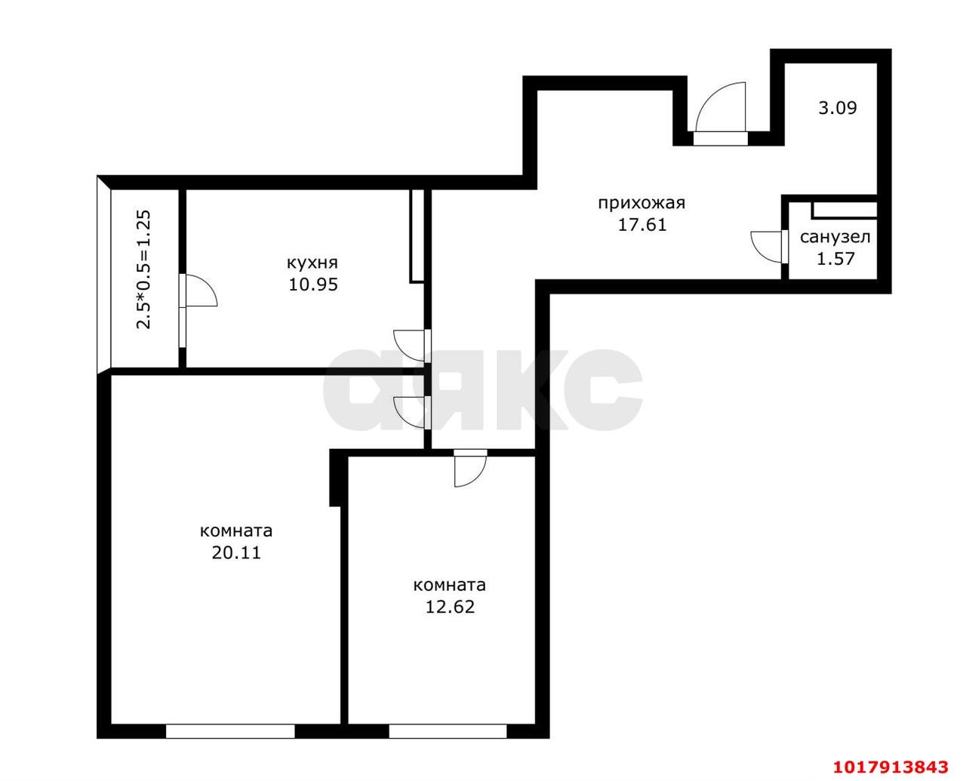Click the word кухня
pyautogui.click(x=312, y=263)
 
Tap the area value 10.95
pyautogui.click(x=313, y=284)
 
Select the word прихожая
pyautogui.click(x=641, y=203)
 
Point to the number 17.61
pyautogui.click(x=641, y=225)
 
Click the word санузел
pyautogui.click(x=835, y=237)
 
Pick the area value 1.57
pyautogui.click(x=835, y=259)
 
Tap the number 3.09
pyautogui.click(x=837, y=108)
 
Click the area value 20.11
pyautogui.click(x=236, y=553)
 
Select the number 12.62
pyautogui.click(x=450, y=607)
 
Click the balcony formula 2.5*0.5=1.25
pyautogui.click(x=143, y=269)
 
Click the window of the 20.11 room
pyautogui.click(x=230, y=731)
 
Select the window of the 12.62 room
pyautogui.click(x=448, y=731)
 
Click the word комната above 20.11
pyautogui.click(x=235, y=531)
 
